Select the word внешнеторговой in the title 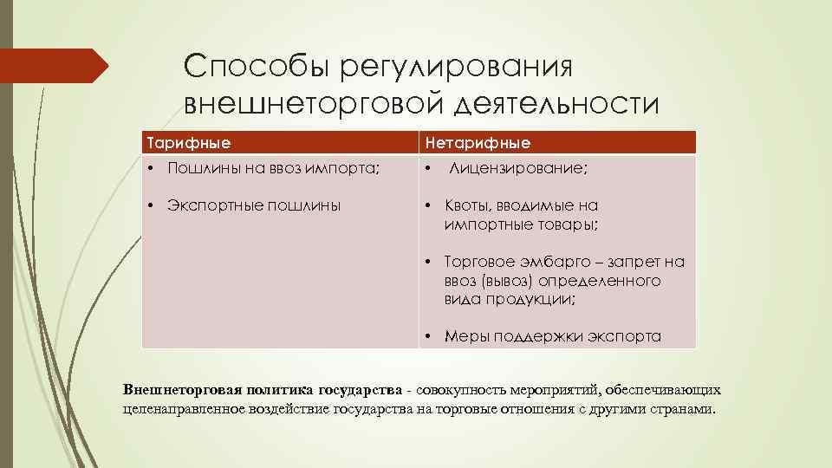[315, 104]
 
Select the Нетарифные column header [476, 141]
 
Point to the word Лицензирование [519, 170]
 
